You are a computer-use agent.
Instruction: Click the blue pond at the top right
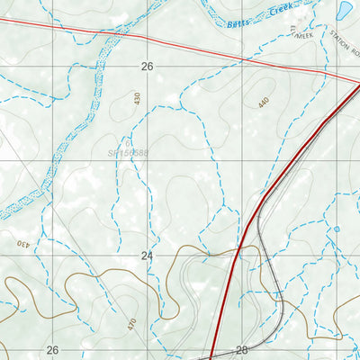(344, 11)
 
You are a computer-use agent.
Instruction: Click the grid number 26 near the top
(148, 66)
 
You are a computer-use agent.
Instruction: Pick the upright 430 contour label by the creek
(138, 100)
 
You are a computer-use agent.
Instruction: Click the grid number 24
(148, 256)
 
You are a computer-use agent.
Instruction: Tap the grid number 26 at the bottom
(52, 350)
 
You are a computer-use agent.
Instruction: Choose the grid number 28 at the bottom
(241, 350)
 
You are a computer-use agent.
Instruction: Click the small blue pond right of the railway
(337, 229)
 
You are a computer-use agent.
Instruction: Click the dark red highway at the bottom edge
(211, 357)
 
